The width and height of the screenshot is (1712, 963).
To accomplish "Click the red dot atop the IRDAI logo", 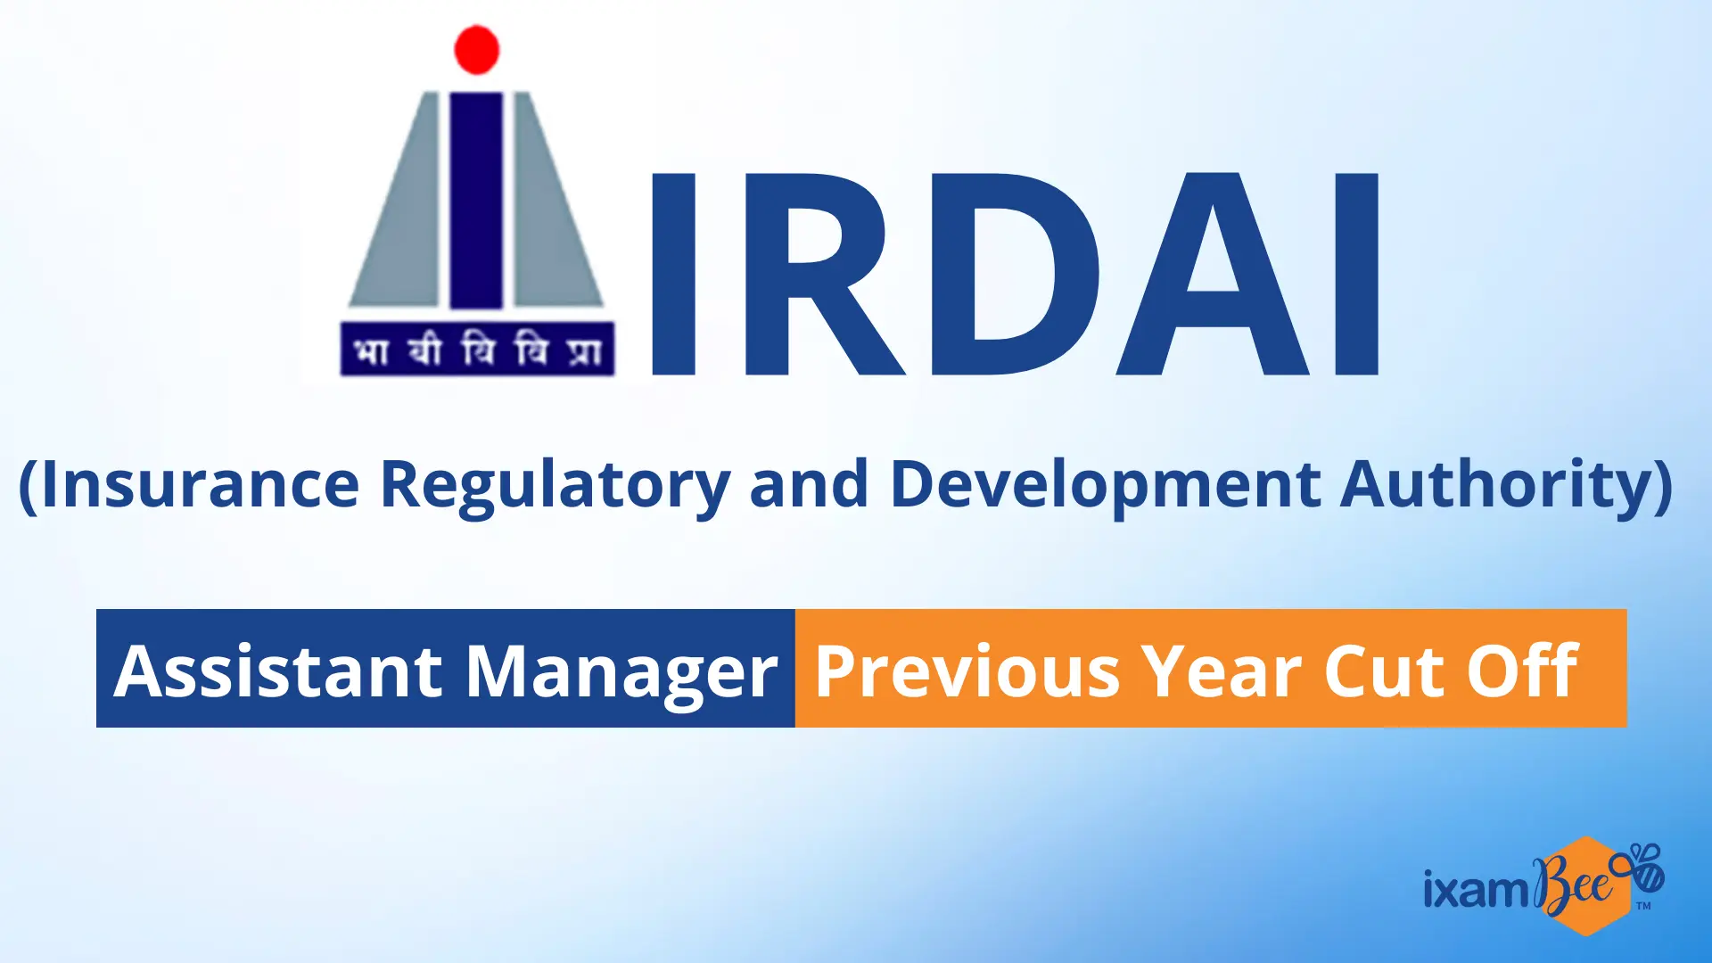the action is point(477,49).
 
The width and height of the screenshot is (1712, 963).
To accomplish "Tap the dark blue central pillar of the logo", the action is point(476,201).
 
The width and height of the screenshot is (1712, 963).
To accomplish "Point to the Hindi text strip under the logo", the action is point(478,349).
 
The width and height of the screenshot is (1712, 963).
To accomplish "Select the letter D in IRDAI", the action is point(1015,274).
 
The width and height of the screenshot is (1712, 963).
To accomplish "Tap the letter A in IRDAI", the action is point(1213,274).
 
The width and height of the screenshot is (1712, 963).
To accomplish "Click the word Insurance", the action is point(200,484).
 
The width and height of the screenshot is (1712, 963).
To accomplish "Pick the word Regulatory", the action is point(556,487).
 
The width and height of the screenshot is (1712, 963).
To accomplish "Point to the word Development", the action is point(1106,487).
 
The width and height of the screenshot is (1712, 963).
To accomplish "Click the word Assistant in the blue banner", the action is point(278,671).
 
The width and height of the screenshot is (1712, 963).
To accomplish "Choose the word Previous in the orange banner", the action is point(967,671).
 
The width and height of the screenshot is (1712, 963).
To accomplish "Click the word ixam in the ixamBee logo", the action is point(1477,888).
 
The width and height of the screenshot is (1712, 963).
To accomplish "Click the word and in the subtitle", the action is point(810,484).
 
